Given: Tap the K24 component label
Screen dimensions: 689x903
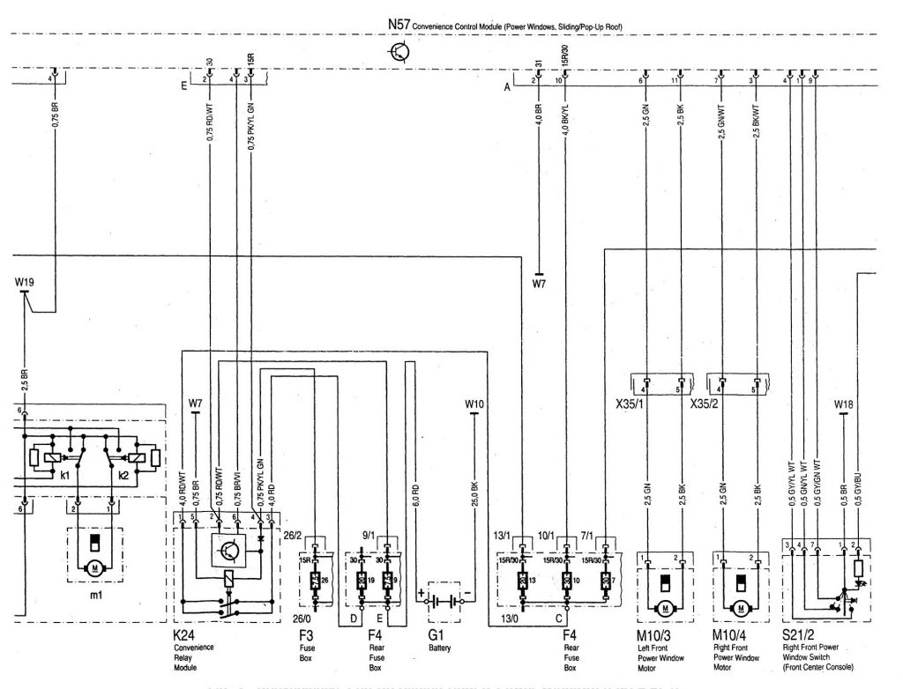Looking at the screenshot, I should click(x=184, y=635).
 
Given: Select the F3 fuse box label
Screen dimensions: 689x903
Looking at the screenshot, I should click(x=307, y=635).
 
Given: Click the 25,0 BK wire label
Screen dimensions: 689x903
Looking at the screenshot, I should click(x=474, y=495).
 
